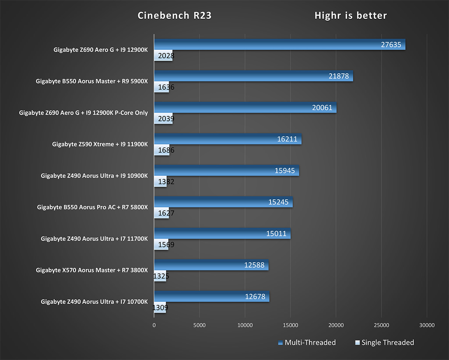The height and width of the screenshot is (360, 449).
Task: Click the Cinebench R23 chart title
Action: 174,15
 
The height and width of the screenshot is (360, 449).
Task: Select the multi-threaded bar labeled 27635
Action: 280,44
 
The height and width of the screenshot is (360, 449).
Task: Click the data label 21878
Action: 339,76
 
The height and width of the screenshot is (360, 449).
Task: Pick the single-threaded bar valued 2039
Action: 164,119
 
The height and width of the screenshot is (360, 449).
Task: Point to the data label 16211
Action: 287,139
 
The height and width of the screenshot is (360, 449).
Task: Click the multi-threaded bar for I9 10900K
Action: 227,170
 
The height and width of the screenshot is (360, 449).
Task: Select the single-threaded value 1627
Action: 166,213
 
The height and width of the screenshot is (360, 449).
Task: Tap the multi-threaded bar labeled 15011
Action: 222,233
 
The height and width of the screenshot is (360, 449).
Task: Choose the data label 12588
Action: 254,265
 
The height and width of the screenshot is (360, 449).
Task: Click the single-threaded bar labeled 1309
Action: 160,307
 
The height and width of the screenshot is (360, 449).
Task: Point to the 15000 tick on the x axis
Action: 290,325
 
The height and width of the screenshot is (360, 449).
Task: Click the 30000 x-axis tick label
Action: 427,325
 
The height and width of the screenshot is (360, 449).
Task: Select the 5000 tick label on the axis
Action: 199,325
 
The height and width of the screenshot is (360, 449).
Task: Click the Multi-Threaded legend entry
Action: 307,342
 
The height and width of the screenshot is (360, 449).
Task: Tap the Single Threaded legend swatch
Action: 357,343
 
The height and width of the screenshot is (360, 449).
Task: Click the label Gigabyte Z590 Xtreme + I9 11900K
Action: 100,144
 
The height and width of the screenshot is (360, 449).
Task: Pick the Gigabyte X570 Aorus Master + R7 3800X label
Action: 92,270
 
